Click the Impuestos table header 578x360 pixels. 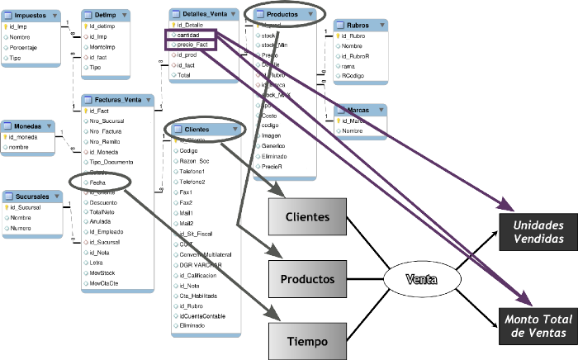point(31,15)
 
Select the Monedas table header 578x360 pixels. point(29,126)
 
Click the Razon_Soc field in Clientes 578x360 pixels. point(195,161)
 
